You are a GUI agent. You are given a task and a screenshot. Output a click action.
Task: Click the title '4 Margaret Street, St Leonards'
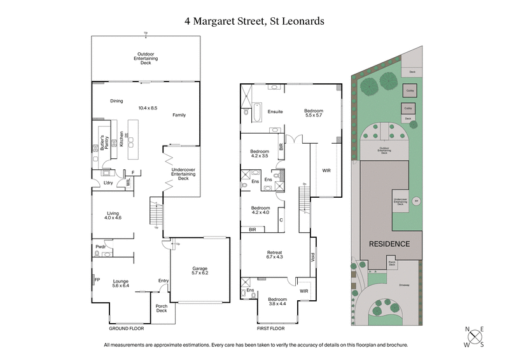[254, 21]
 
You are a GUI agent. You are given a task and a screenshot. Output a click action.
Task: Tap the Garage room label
[200, 272]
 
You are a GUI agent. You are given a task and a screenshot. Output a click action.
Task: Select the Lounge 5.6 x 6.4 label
[121, 284]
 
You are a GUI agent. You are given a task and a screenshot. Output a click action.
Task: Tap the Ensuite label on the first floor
[275, 111]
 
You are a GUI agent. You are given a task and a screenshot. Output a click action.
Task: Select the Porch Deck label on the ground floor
[162, 308]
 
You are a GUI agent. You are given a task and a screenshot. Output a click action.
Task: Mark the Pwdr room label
[101, 246]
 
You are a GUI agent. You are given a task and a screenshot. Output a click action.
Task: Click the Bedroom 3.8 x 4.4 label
[277, 301]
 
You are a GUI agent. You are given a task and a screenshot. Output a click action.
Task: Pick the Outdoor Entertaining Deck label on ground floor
[146, 59]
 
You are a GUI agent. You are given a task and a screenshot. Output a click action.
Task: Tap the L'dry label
[108, 184]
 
